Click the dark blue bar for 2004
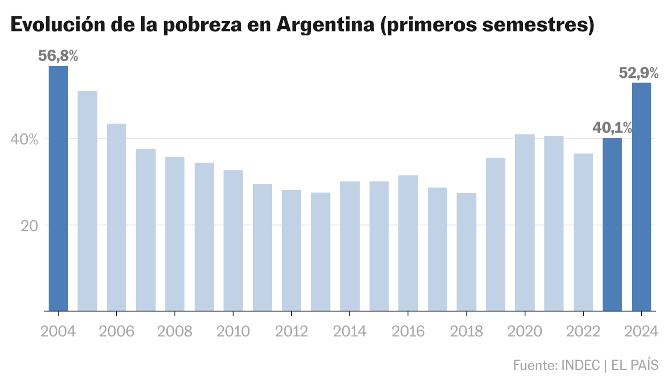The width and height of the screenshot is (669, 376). coord(58,188)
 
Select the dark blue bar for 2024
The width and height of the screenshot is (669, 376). coord(641,197)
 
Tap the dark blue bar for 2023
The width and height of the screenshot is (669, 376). coord(612,224)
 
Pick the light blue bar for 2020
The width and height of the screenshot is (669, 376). coord(525,223)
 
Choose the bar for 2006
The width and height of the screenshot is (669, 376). coord(116,217)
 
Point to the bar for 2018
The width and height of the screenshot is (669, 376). coord(466,252)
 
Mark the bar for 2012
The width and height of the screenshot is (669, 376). coord(291,251)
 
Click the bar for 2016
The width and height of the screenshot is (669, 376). coord(408,243)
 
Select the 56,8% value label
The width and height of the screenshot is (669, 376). coord(58,56)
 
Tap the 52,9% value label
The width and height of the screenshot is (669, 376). coord(638,73)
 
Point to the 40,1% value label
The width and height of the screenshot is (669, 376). coord(612,128)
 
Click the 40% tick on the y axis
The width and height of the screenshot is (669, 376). coord(24,139)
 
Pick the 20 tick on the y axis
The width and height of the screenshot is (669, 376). coord(29,226)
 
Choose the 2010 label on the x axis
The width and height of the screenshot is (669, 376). coord(233,331)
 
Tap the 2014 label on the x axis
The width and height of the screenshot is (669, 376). coord(350,331)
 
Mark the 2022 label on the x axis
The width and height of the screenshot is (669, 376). coord(583,331)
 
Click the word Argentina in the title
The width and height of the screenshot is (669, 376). coord(325,25)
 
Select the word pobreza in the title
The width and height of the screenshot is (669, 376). coord(202,25)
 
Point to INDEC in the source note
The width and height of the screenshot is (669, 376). coord(580,365)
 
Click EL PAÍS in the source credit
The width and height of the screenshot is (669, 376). coord(635,365)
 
